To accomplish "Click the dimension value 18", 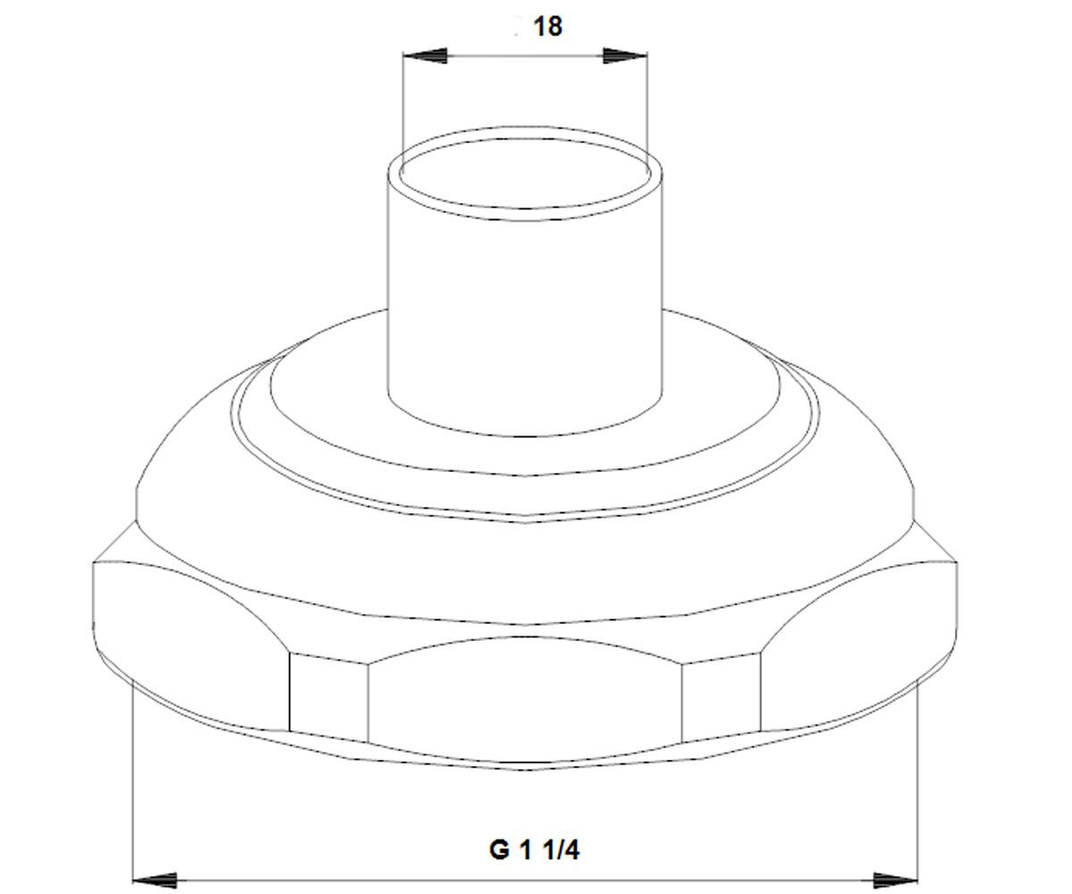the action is tap(548, 27).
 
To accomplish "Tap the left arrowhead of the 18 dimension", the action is tap(425, 55).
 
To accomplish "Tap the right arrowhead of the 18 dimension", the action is tap(624, 55).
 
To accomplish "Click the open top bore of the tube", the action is tap(524, 173).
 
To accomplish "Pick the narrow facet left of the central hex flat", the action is tap(329, 697).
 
